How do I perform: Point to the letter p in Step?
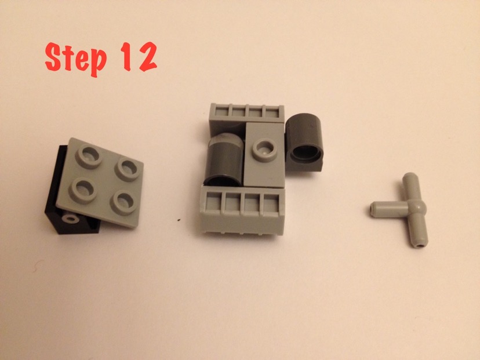coord(98,62)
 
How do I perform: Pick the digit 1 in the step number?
coord(126,56)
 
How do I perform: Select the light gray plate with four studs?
coord(100,182)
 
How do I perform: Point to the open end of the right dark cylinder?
coord(306,152)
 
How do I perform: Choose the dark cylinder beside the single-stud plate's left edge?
coord(224,159)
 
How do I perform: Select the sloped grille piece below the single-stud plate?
coord(242,210)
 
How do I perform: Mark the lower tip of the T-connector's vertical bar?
coord(419,245)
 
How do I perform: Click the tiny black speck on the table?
coord(179,220)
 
